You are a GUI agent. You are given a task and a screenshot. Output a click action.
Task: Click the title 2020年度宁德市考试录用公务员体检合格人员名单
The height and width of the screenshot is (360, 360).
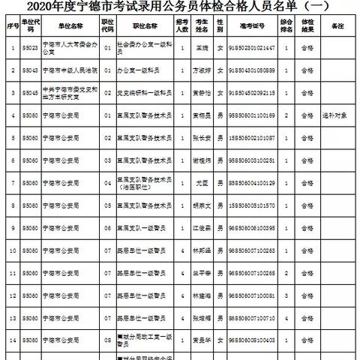pos(180,9)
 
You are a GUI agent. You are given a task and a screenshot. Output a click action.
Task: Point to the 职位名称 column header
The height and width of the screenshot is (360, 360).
pos(149,28)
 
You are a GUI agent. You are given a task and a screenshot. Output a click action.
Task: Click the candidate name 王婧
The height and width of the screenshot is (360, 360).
pos(199,48)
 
